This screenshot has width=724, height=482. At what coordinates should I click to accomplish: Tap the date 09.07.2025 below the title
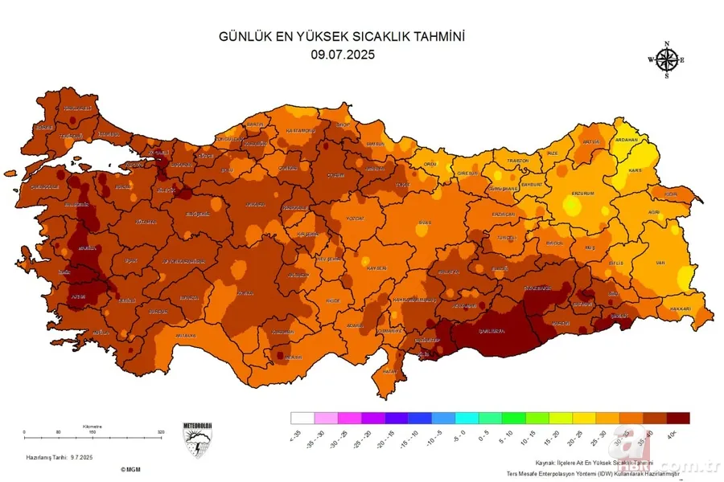343,55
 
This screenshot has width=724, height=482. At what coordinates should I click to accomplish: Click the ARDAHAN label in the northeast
626,139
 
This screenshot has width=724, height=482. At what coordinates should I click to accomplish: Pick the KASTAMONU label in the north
299,130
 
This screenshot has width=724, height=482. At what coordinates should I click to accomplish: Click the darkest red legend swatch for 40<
679,418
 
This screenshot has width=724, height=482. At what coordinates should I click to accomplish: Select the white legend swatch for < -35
302,418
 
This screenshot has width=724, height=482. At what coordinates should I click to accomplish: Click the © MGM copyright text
131,469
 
